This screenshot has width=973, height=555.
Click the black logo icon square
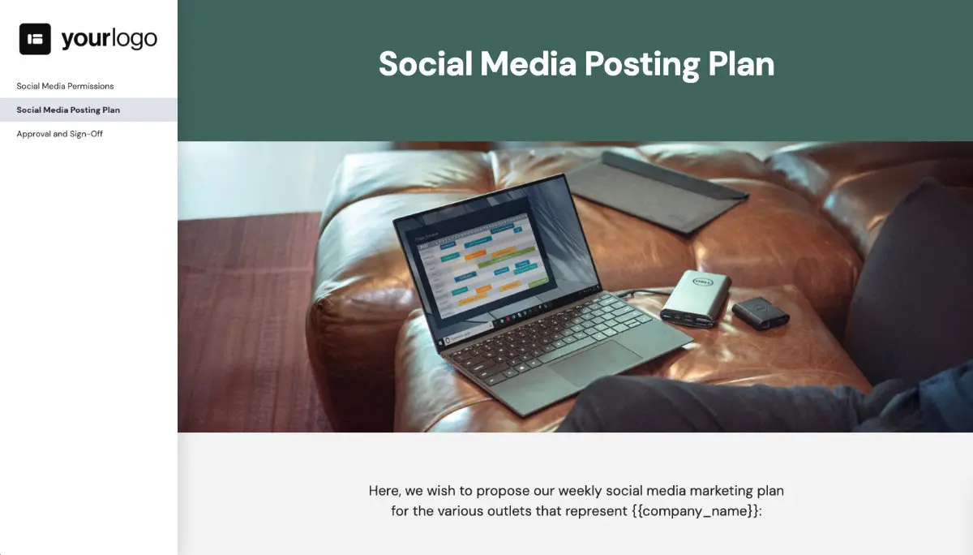pyautogui.click(x=35, y=39)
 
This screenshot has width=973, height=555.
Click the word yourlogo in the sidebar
pyautogui.click(x=109, y=39)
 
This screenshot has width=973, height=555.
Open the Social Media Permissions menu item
pyautogui.click(x=65, y=86)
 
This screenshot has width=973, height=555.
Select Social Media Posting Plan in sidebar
pyautogui.click(x=68, y=110)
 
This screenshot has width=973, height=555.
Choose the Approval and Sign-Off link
pyautogui.click(x=59, y=134)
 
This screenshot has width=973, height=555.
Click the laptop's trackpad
pyautogui.click(x=592, y=361)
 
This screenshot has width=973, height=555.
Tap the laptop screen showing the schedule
pyautogui.click(x=478, y=260)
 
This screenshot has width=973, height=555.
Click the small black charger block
pyautogui.click(x=760, y=312)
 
